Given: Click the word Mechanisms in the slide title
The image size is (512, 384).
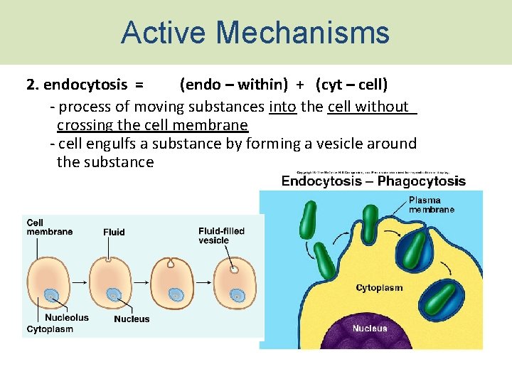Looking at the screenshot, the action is coord(304,33).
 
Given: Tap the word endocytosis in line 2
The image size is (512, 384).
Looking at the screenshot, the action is coord(85,85).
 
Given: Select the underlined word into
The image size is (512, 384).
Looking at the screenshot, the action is coord(282,107).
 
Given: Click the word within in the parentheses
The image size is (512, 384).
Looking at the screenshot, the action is coord(263,85).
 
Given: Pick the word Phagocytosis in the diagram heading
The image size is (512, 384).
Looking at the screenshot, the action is coord(422,181).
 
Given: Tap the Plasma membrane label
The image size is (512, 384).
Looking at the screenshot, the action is coord(431,205).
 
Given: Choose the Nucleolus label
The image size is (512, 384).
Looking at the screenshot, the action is coord(67,318).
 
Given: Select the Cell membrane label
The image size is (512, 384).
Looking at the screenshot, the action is coord(49,227).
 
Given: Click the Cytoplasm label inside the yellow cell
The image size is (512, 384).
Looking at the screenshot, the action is coord(379,288).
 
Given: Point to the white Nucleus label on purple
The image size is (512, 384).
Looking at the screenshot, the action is coord(370,328).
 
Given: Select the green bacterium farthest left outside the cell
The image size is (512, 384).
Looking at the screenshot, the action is coord(309,221).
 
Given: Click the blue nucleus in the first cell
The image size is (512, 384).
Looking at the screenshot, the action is coord(50,296).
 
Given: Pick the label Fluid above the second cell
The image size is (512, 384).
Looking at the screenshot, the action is coord(114,232).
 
